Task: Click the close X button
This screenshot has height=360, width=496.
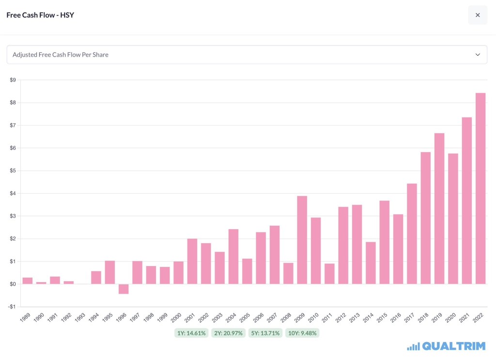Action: coord(478,15)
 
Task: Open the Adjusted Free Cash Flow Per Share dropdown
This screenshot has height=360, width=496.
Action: coord(247,55)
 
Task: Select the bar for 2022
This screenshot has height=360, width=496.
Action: coord(480,188)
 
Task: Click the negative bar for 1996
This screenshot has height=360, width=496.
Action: coord(124,289)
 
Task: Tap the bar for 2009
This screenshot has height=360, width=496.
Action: coord(302,240)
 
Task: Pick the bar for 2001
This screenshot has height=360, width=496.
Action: coord(192,261)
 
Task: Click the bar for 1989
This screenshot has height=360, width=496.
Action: coord(28,281)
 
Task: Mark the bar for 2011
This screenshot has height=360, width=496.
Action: coord(329,273)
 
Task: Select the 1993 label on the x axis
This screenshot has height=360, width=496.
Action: coord(80,317)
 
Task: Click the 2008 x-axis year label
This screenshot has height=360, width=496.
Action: coord(286,317)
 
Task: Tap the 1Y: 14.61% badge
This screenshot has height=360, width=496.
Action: coord(191,333)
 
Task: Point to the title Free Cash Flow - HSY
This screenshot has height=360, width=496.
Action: coord(40,15)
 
